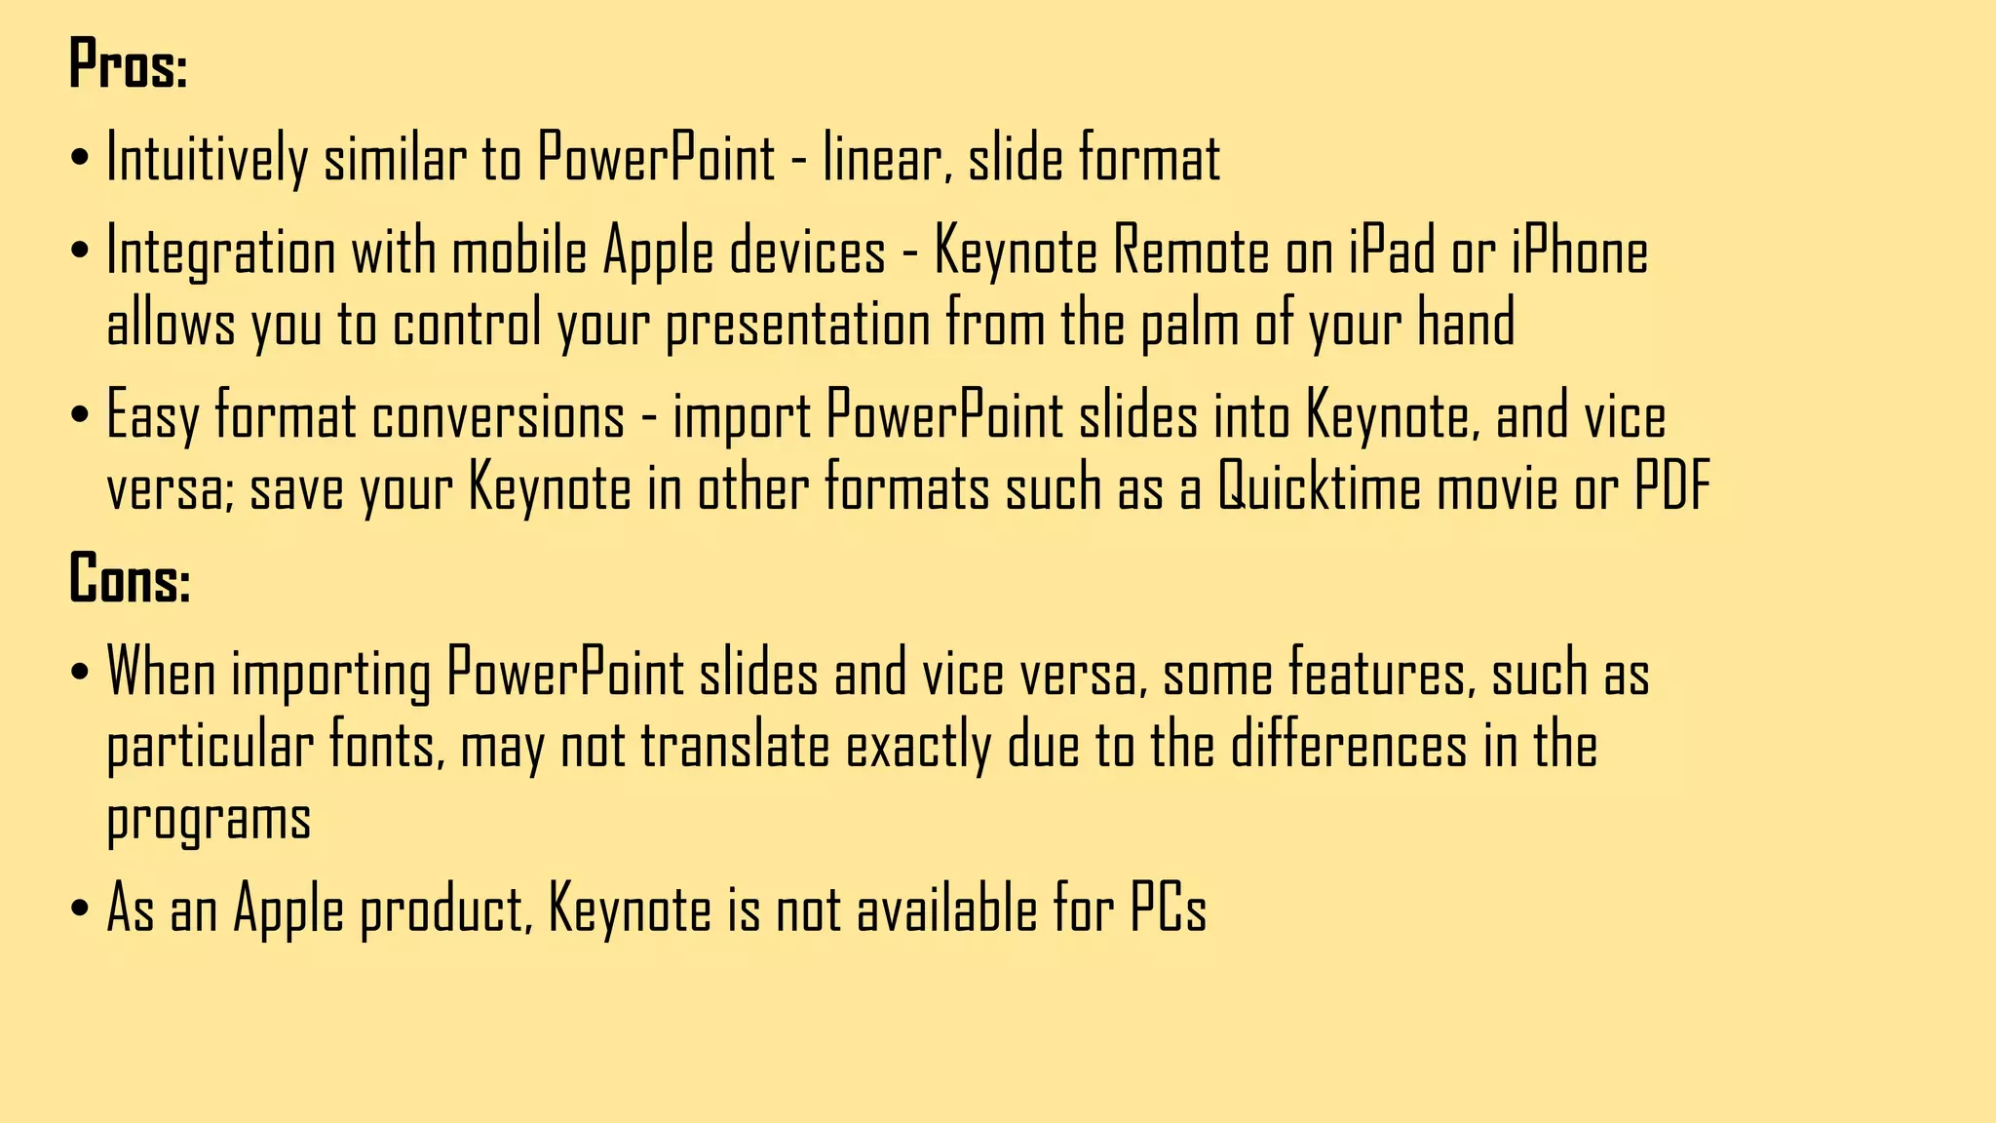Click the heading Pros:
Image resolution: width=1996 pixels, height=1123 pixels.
click(x=128, y=64)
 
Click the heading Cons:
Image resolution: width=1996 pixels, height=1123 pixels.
click(x=130, y=578)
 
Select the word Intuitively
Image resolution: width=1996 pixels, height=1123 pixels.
click(x=206, y=159)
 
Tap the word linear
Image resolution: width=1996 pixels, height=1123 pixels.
click(x=886, y=159)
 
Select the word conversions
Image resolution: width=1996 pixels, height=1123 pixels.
click(x=498, y=416)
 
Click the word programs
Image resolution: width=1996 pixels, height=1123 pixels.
click(x=209, y=820)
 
